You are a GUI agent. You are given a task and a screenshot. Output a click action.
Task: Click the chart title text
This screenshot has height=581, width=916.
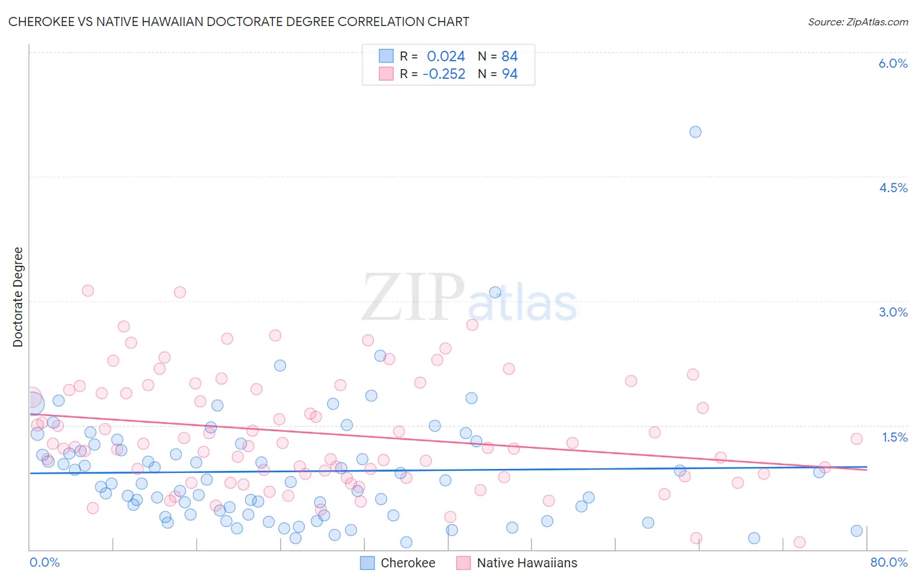(238, 21)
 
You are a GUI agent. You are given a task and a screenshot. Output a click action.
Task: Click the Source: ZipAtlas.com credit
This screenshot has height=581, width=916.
(857, 21)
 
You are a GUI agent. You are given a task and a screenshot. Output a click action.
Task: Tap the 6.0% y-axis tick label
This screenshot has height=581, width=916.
(893, 63)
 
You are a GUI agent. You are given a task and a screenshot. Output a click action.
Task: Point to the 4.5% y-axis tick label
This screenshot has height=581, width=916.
(893, 188)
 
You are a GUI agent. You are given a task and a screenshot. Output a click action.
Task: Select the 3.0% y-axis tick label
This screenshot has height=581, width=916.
(893, 312)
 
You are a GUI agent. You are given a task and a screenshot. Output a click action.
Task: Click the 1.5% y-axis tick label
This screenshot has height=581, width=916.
(895, 437)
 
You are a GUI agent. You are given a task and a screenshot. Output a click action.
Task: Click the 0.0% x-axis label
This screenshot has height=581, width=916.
(44, 562)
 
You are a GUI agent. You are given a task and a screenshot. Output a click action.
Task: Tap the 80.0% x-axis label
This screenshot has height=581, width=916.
(889, 562)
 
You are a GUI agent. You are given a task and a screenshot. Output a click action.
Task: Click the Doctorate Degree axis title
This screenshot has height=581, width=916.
(18, 297)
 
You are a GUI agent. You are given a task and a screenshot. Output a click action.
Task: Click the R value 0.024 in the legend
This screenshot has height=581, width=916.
(446, 56)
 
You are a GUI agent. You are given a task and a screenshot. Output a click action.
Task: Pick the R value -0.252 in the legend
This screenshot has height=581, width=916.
(444, 74)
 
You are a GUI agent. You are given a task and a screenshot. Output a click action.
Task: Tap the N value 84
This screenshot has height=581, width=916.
(509, 56)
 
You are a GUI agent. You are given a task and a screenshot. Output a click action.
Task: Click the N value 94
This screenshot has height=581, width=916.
(509, 74)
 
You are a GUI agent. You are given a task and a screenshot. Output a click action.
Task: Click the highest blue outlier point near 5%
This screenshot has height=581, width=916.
(695, 132)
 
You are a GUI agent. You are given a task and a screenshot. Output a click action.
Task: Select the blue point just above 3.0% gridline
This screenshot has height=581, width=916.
(495, 292)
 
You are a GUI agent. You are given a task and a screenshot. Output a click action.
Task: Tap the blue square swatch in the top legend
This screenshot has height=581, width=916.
(386, 56)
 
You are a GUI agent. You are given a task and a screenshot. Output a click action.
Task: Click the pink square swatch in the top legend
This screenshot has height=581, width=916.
(386, 74)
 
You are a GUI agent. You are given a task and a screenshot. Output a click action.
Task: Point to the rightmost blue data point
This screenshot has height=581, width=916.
(857, 531)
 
